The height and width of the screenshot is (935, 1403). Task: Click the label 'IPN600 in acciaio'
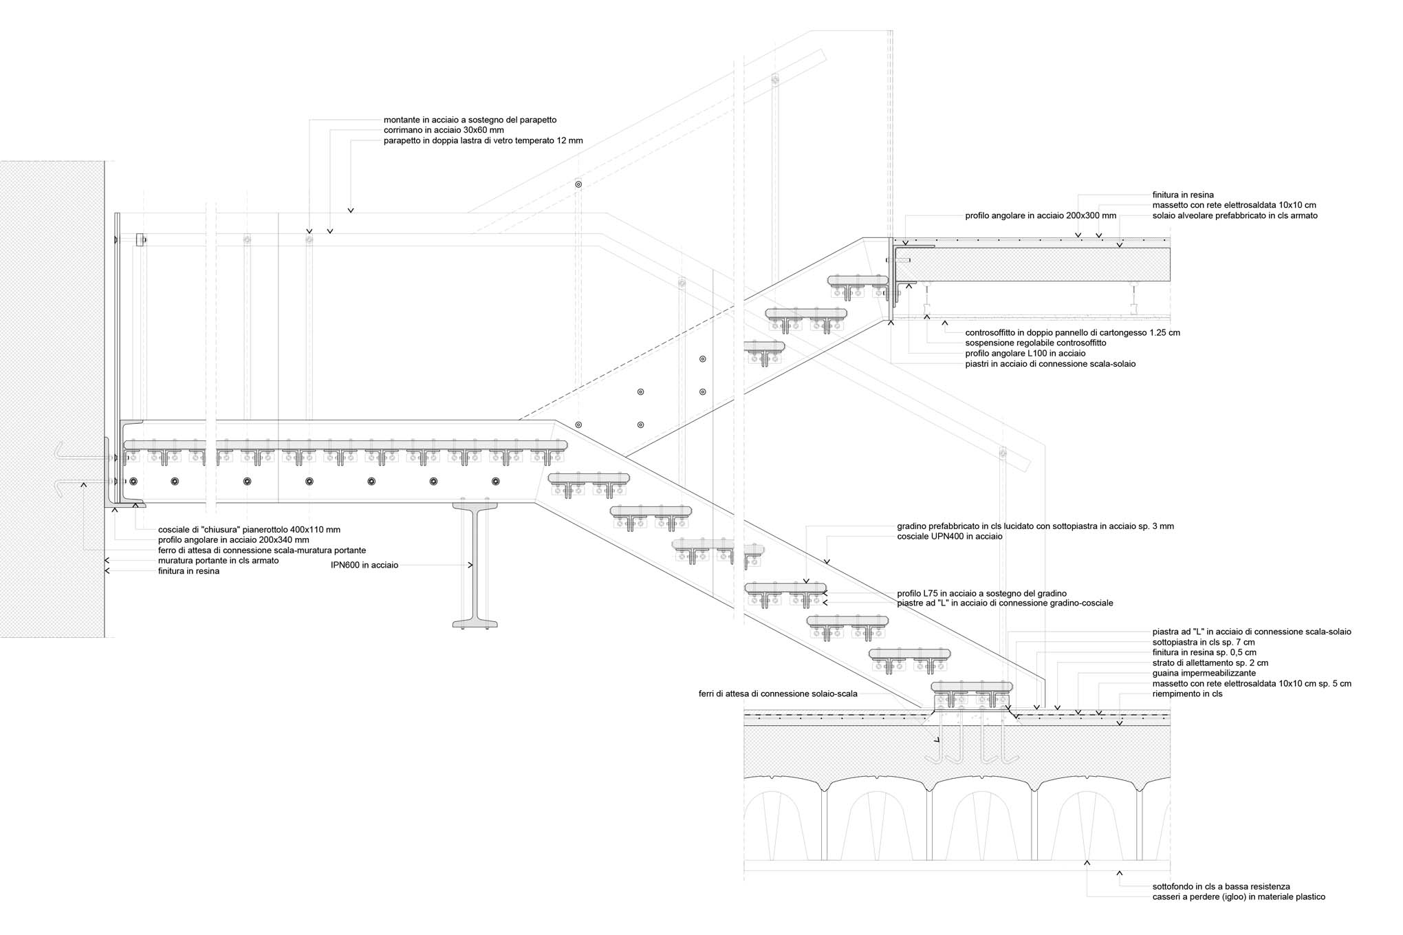(365, 566)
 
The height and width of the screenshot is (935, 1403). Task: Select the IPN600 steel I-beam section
(475, 564)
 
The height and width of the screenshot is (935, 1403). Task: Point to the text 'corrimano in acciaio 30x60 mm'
(444, 130)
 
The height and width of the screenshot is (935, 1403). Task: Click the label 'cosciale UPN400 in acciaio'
(950, 537)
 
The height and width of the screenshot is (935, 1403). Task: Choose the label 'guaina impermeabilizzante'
(1204, 674)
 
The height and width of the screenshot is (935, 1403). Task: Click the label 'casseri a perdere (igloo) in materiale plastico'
(1239, 897)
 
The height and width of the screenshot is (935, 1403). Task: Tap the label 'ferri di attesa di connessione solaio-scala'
(778, 694)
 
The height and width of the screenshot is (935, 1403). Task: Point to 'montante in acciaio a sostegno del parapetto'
(470, 120)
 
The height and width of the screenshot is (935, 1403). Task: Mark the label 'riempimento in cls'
(1188, 694)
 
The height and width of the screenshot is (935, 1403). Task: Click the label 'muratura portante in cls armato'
(219, 561)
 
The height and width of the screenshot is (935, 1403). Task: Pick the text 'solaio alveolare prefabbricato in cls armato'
(1235, 216)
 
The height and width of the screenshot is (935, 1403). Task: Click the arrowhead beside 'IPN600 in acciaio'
(471, 566)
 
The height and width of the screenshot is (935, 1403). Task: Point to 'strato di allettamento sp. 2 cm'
(1210, 663)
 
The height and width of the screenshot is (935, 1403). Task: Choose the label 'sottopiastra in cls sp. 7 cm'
(1204, 643)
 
